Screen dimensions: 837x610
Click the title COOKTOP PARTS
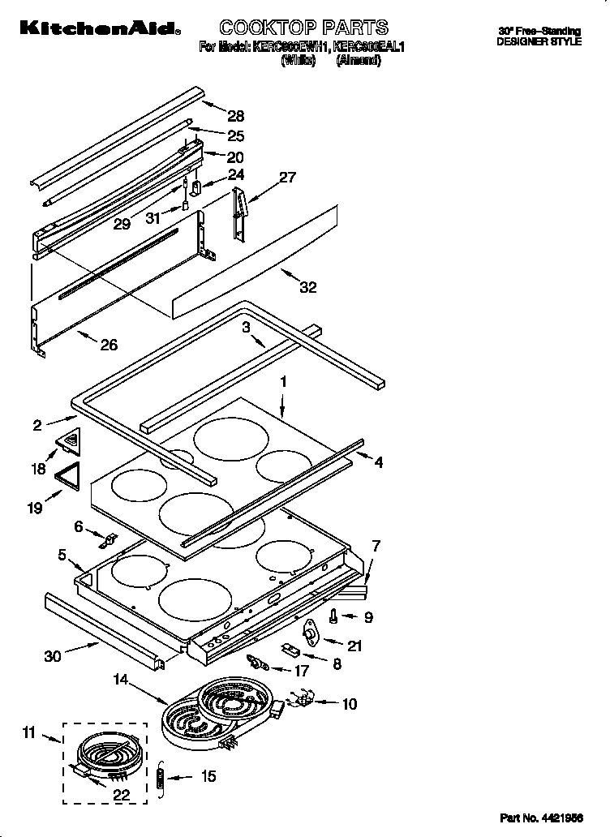tap(304, 28)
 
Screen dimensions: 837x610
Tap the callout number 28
tap(235, 116)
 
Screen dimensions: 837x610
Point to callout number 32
tap(308, 287)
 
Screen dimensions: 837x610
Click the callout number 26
tap(108, 345)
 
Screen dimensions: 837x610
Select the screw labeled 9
tap(334, 617)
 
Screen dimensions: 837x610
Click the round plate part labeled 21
tap(309, 635)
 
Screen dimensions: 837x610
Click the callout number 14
tap(122, 681)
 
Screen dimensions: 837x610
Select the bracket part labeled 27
tap(238, 213)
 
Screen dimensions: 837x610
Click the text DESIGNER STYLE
tap(539, 41)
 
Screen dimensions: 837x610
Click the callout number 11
tap(29, 734)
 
